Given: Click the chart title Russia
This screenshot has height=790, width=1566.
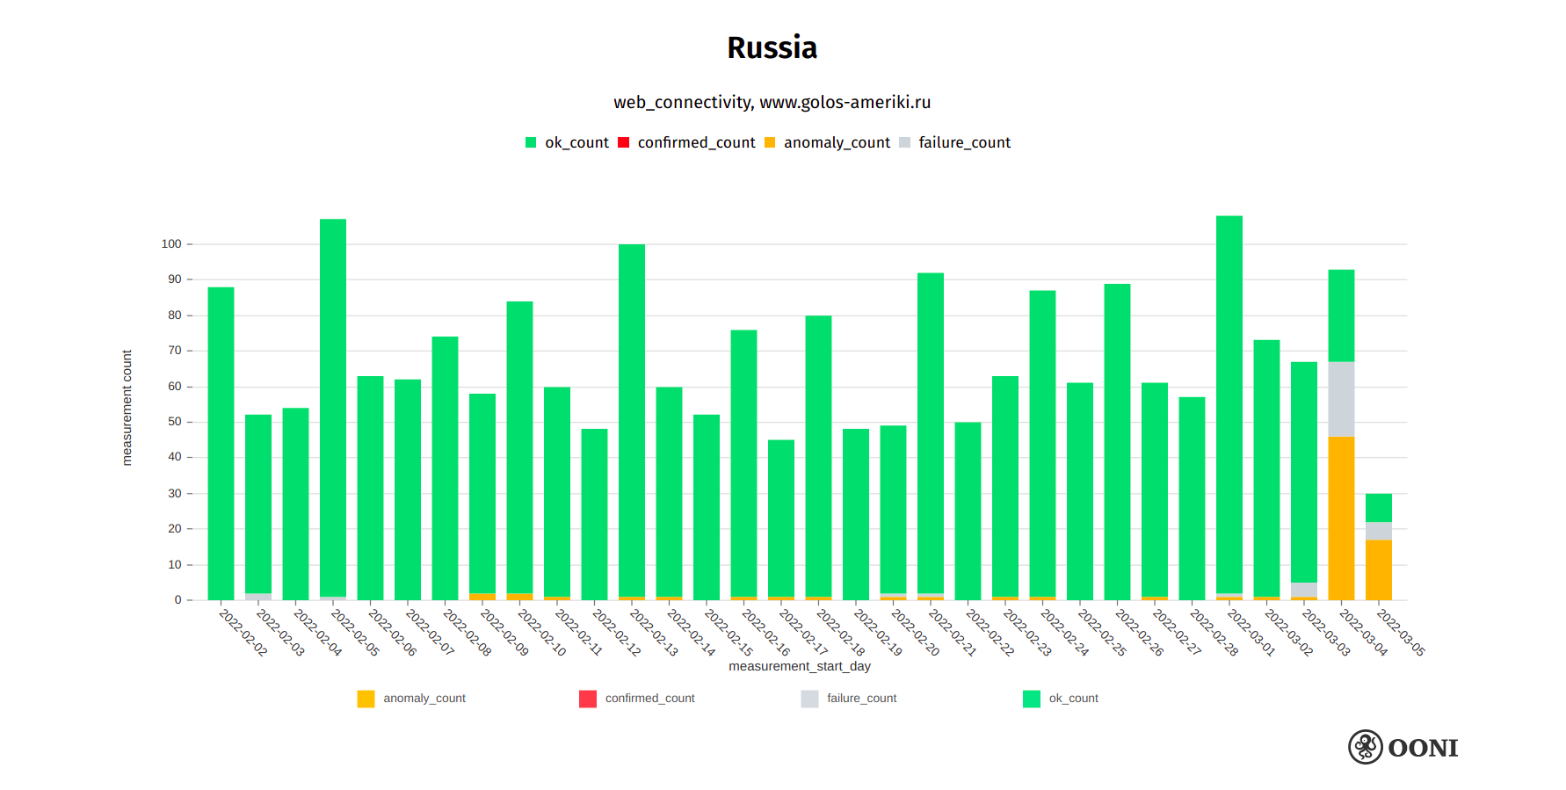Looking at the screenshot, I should (772, 47).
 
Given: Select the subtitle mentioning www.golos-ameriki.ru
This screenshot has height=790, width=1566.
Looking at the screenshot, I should (772, 102).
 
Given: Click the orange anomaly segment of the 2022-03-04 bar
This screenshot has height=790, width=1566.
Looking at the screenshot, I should (1341, 518).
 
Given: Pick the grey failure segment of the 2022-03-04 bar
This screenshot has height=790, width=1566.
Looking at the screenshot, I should (1341, 399).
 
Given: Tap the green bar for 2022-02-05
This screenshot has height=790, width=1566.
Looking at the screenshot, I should (333, 409).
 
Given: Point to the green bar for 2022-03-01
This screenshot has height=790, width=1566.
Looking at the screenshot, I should (1229, 404).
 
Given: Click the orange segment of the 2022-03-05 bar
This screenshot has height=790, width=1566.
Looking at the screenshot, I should (1379, 569).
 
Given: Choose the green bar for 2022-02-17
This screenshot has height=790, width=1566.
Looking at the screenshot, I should (781, 518).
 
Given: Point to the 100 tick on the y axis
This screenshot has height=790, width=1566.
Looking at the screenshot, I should (171, 244).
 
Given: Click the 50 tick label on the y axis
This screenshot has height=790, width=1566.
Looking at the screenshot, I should (175, 422).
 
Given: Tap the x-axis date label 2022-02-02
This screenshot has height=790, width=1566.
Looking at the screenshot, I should (243, 633).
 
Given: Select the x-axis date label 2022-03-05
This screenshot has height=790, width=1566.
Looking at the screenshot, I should (1401, 633).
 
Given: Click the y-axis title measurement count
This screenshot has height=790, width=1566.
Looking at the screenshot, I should (127, 408).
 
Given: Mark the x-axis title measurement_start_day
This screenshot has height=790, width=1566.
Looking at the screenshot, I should (800, 666).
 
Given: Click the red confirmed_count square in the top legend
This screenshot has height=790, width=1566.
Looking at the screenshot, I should (624, 142).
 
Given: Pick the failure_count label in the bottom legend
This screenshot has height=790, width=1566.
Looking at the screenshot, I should (861, 699).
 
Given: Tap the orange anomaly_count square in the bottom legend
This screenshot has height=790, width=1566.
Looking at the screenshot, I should (366, 699).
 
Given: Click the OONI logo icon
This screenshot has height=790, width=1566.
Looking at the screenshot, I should (1366, 747).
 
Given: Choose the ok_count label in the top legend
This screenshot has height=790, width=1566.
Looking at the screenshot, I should (576, 142).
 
